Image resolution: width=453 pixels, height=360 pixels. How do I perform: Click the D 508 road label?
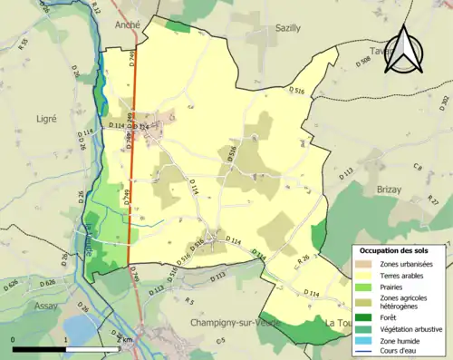coord(362,61)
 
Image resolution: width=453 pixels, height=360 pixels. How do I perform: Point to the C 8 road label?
coord(418,168)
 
